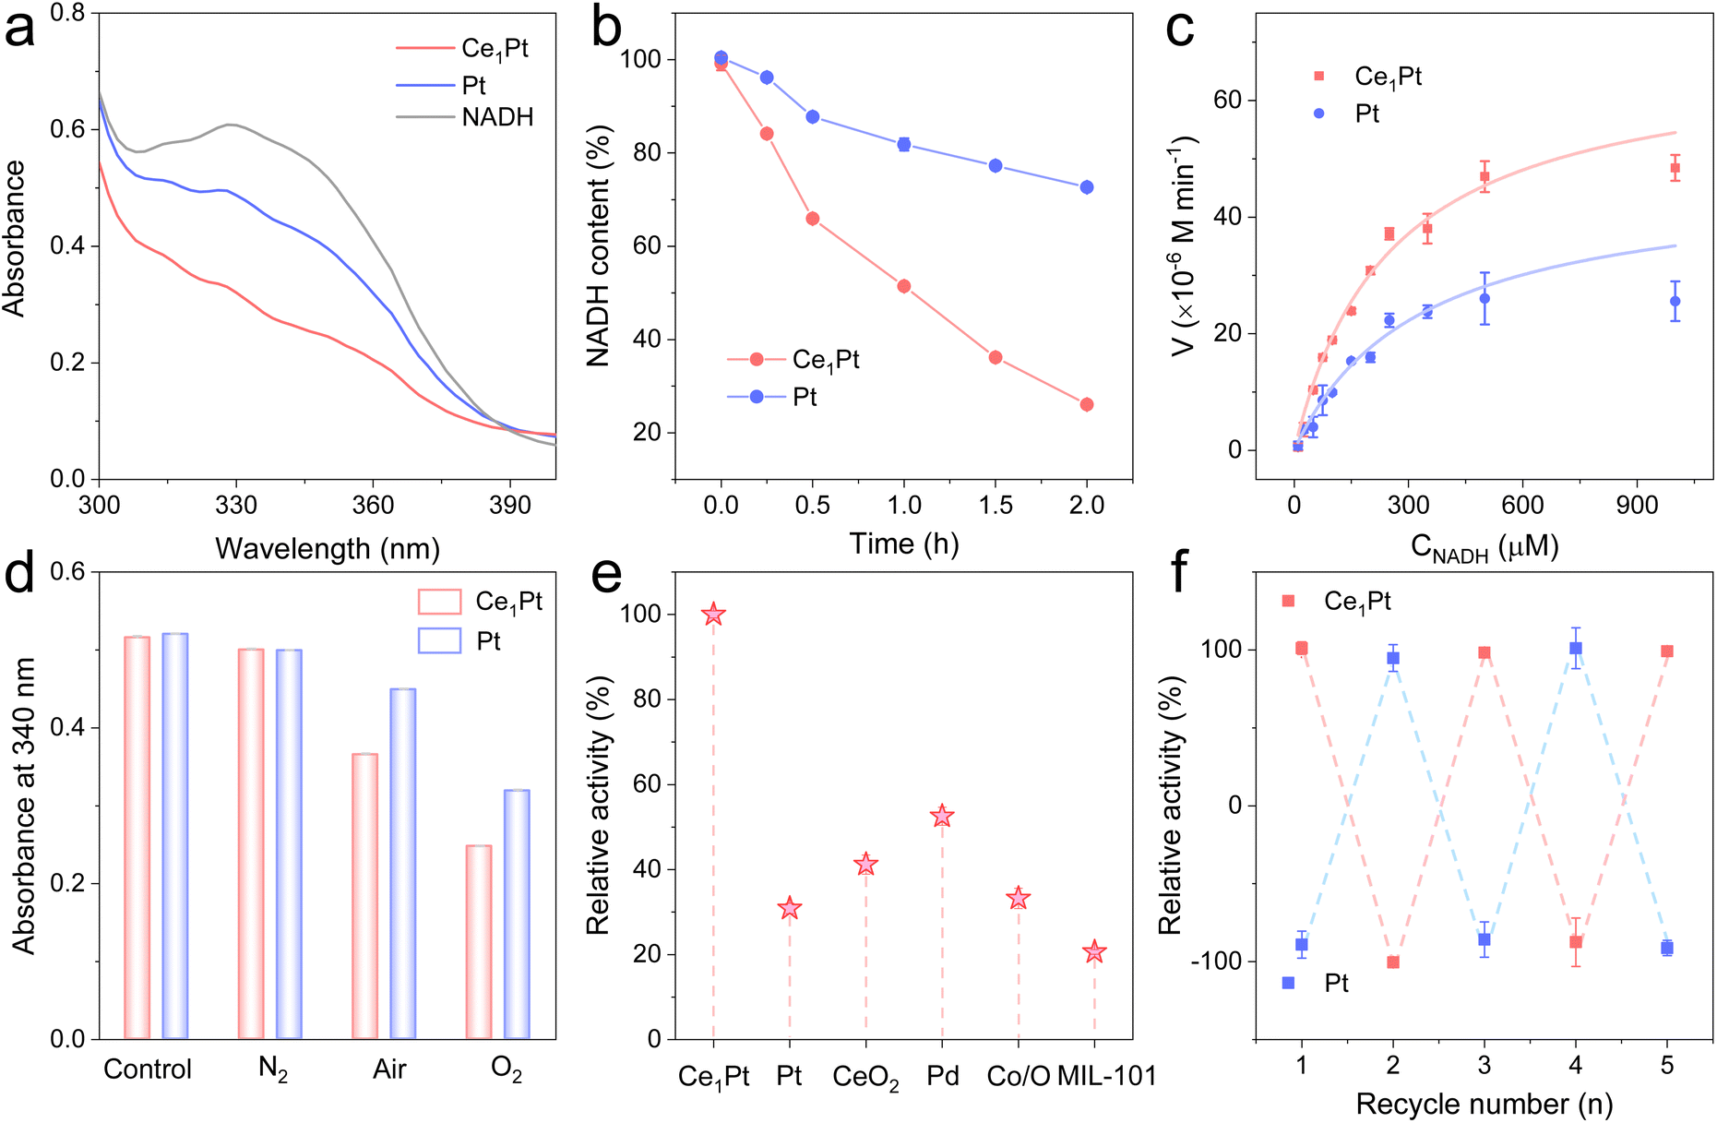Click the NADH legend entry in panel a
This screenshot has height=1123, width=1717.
click(497, 117)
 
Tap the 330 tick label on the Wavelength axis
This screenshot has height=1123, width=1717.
click(236, 506)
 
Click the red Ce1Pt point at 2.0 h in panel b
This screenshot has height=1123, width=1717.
click(1087, 404)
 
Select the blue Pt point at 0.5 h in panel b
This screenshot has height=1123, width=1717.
click(813, 117)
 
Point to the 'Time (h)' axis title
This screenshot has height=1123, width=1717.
click(904, 544)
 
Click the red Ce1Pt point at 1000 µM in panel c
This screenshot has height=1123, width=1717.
click(1675, 168)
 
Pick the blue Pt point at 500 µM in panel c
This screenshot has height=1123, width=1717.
click(1484, 298)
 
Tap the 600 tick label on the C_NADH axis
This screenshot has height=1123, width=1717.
click(1522, 506)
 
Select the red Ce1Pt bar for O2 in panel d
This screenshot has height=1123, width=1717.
click(478, 941)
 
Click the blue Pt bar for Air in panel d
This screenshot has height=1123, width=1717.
click(403, 863)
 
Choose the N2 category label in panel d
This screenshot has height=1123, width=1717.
click(272, 1069)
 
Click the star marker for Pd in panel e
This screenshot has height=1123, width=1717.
click(942, 816)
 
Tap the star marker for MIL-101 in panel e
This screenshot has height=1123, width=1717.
click(1094, 951)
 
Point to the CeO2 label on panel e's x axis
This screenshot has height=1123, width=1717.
click(865, 1077)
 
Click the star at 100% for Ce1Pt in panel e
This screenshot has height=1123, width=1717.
click(713, 615)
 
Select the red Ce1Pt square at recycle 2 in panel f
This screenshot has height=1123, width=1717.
click(1393, 962)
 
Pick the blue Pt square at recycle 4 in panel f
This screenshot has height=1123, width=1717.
click(1576, 649)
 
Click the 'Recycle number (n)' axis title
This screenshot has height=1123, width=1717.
click(1484, 1104)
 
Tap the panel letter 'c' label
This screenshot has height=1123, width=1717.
click(1180, 30)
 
